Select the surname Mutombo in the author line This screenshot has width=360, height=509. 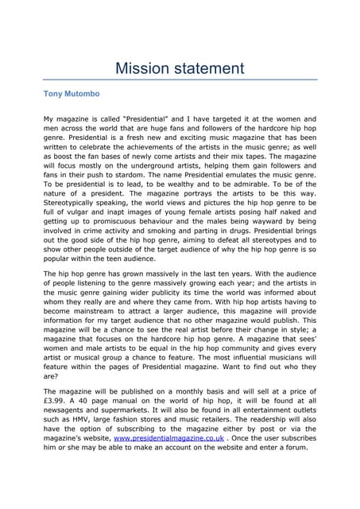pos(83,94)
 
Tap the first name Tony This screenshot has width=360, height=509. pos(52,94)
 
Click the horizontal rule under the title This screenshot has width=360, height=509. pos(180,80)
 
